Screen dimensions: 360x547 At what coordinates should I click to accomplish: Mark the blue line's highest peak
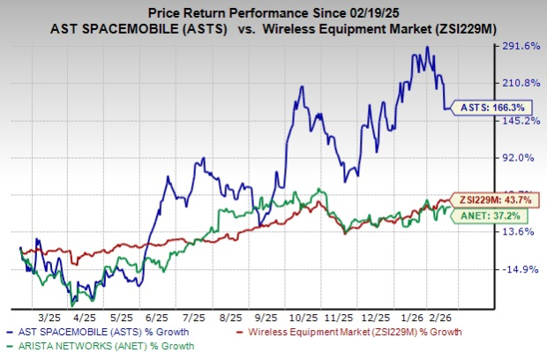coord(428,48)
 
